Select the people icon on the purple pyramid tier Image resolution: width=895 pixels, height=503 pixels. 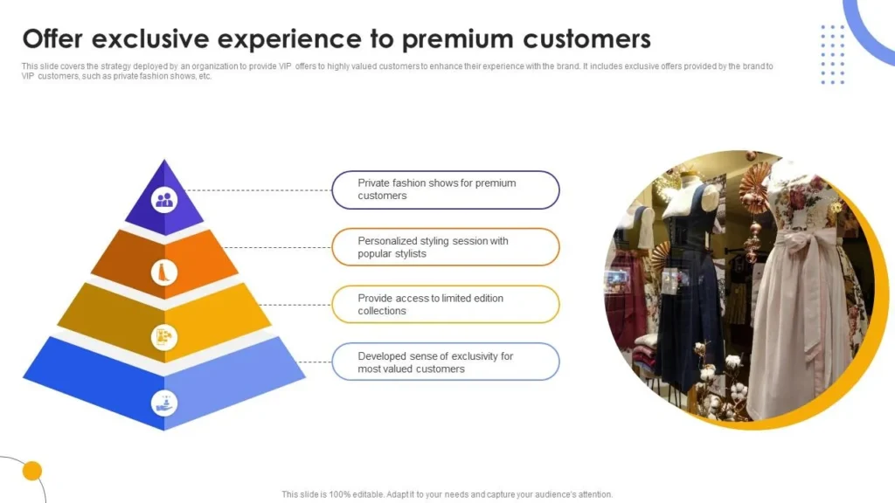(164, 200)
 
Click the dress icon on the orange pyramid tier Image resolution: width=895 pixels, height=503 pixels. (164, 272)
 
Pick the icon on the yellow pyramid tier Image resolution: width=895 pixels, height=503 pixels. (164, 337)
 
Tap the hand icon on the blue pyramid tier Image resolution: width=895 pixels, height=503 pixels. (164, 403)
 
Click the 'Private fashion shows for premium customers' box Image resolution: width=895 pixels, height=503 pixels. (445, 189)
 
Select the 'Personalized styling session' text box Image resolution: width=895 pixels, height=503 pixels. (445, 247)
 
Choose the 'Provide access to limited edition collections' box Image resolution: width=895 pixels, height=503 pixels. (445, 305)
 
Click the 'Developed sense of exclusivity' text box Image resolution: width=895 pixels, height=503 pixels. (445, 362)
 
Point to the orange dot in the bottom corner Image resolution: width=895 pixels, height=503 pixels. (32, 471)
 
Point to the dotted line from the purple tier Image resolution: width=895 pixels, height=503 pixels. (259, 190)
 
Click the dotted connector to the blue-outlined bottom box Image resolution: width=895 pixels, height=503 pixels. (315, 362)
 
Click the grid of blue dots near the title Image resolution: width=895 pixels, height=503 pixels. (833, 55)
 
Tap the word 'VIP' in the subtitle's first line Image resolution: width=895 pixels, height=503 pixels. (284, 66)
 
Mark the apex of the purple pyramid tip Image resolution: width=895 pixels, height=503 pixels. (164, 160)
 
